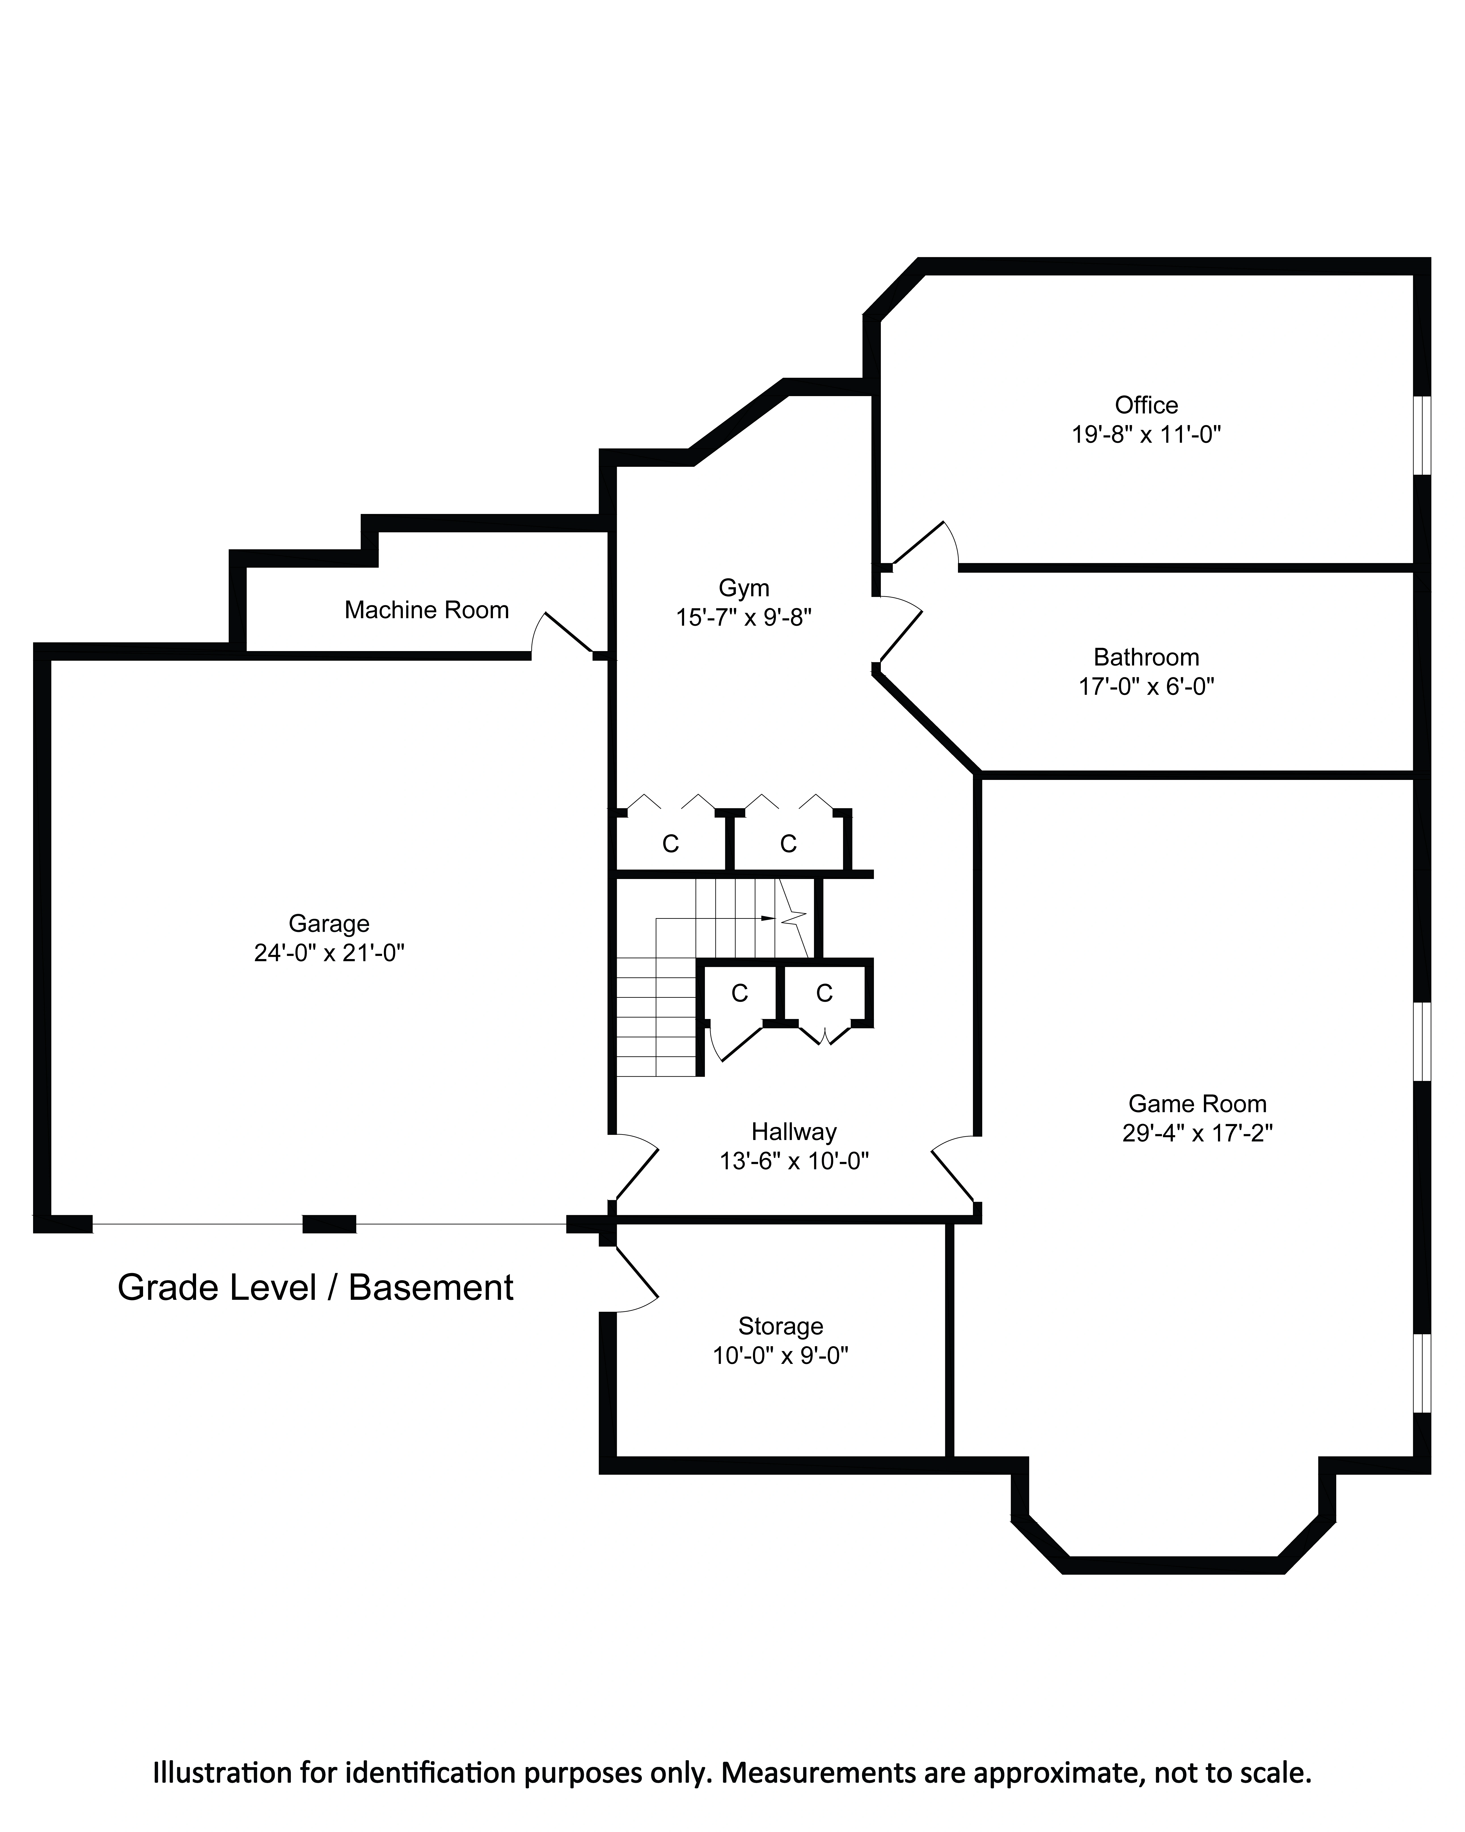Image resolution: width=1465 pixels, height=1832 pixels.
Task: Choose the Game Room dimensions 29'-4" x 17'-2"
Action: click(1197, 1133)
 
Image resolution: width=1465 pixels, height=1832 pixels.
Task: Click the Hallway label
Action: click(794, 1132)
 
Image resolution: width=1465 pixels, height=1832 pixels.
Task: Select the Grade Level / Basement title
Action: click(315, 1287)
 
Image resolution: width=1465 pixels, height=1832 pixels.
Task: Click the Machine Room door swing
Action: click(560, 633)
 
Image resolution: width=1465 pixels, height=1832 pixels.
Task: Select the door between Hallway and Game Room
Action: click(953, 1168)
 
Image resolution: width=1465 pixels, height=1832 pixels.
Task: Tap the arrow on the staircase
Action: click(713, 919)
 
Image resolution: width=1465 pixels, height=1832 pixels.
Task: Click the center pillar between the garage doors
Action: click(330, 1224)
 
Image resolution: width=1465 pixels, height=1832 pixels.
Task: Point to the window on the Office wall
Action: click(1423, 435)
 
